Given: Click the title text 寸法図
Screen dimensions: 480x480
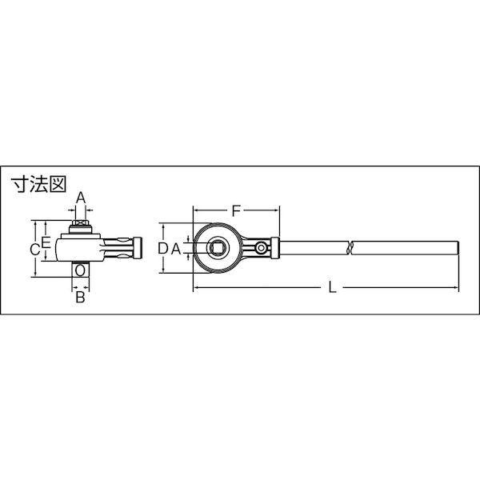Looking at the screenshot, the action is point(38,185).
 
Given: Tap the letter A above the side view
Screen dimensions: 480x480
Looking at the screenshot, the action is point(81,198).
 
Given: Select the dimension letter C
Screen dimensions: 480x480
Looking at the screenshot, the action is point(35,250).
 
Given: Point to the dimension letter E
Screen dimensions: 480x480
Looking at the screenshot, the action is point(46,242).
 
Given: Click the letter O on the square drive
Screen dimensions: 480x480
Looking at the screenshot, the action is point(80,270).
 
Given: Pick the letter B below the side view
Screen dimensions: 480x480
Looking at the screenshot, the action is point(80,297).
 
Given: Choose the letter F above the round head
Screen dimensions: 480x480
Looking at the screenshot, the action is point(236,211).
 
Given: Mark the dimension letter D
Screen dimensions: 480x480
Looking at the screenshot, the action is point(163,249).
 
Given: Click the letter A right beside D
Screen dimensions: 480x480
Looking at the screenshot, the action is point(176,249).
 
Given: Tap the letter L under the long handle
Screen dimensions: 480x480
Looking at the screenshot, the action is point(332,287).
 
